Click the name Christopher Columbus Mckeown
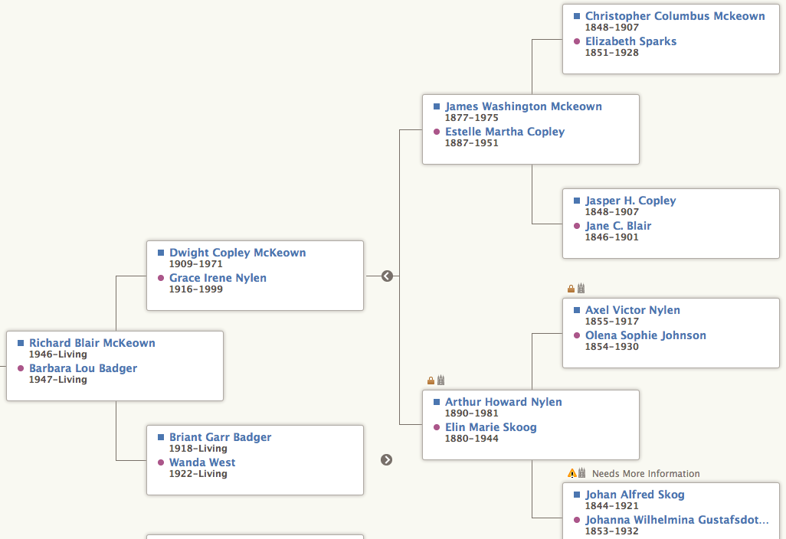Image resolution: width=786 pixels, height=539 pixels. [675, 16]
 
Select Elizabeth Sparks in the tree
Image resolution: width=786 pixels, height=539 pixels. [630, 41]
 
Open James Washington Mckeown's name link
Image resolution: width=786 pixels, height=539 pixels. [523, 106]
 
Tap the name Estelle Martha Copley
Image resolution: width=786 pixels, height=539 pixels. [505, 132]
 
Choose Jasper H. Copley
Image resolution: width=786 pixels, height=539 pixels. [630, 201]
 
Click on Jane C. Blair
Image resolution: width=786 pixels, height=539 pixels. [618, 226]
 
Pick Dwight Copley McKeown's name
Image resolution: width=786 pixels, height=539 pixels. [237, 253]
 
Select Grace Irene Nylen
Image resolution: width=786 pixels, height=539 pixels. [218, 278]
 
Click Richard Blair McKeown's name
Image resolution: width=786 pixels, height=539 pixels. [92, 343]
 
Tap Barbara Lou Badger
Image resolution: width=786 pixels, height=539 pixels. [83, 368]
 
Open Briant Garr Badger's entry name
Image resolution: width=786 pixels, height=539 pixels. [220, 437]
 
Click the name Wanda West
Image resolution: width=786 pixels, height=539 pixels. [202, 462]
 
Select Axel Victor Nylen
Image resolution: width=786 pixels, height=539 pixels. [632, 310]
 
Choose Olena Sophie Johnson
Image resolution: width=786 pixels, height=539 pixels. [645, 335]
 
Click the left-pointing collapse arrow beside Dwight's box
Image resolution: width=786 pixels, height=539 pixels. [387, 276]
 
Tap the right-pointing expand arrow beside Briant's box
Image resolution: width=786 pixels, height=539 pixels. [387, 459]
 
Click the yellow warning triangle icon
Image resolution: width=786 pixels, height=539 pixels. [571, 473]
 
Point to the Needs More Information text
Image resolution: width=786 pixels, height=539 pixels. [646, 474]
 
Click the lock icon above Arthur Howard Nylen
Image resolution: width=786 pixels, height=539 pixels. [431, 381]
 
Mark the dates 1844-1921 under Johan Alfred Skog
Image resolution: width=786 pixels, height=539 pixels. [611, 506]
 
